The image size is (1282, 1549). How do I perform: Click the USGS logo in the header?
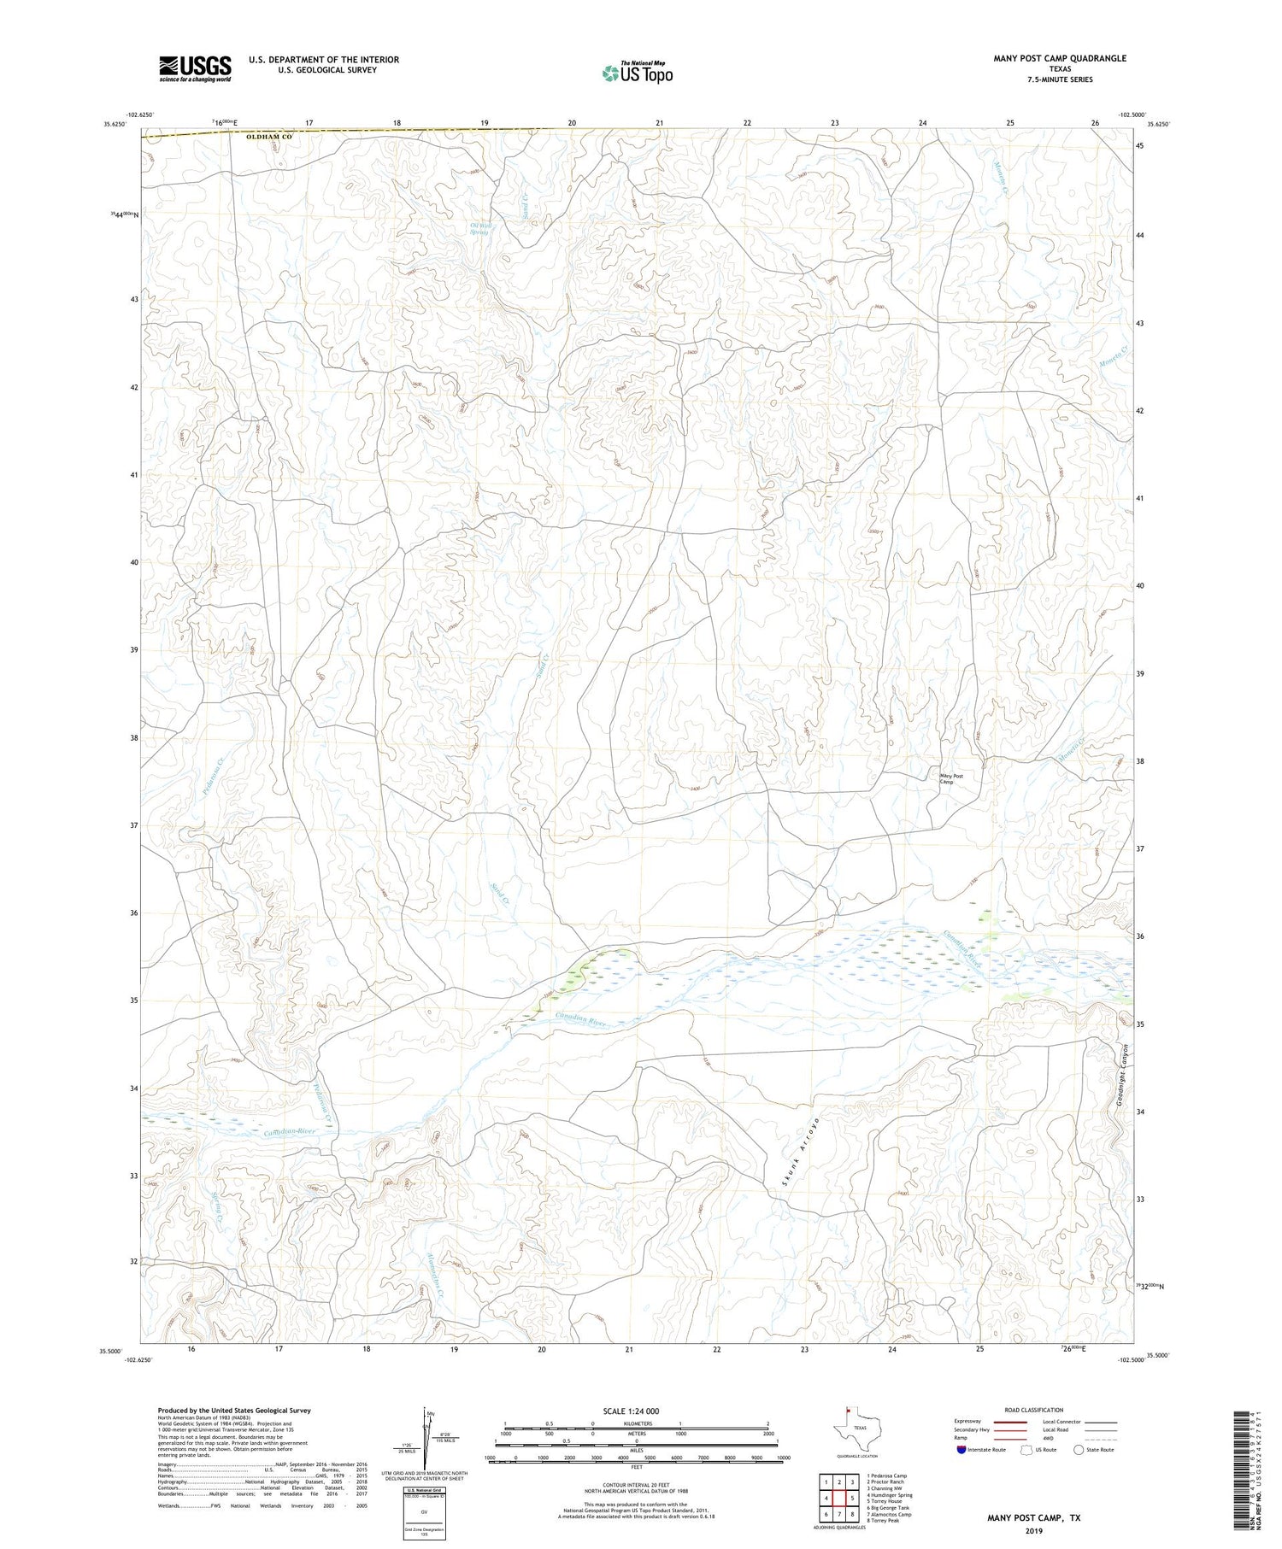click(195, 68)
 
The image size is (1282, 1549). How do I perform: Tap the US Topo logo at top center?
click(637, 73)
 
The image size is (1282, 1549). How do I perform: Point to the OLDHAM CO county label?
click(268, 137)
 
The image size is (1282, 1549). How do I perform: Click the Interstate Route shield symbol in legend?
click(961, 1449)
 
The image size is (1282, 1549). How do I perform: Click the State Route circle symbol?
click(1079, 1449)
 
